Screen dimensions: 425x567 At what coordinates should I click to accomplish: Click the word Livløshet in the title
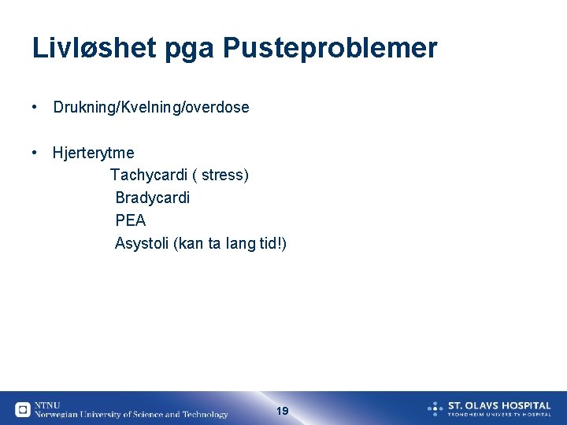click(94, 49)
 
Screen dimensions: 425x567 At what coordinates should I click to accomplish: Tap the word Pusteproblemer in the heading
click(330, 49)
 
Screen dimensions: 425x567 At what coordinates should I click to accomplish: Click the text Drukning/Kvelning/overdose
click(151, 107)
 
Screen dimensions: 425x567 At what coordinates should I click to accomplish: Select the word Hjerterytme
click(94, 153)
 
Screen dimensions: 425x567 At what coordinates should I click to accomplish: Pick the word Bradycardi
click(153, 198)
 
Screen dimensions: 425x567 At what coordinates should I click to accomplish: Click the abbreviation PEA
click(131, 221)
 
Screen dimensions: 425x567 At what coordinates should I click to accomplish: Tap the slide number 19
click(283, 411)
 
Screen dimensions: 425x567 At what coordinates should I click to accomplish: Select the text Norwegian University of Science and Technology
click(132, 415)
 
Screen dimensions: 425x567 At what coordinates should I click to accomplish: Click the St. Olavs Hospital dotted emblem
click(435, 408)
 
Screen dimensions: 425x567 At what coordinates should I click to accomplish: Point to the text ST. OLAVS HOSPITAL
click(499, 405)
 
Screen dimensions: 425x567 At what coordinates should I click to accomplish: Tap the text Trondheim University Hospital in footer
click(499, 414)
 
